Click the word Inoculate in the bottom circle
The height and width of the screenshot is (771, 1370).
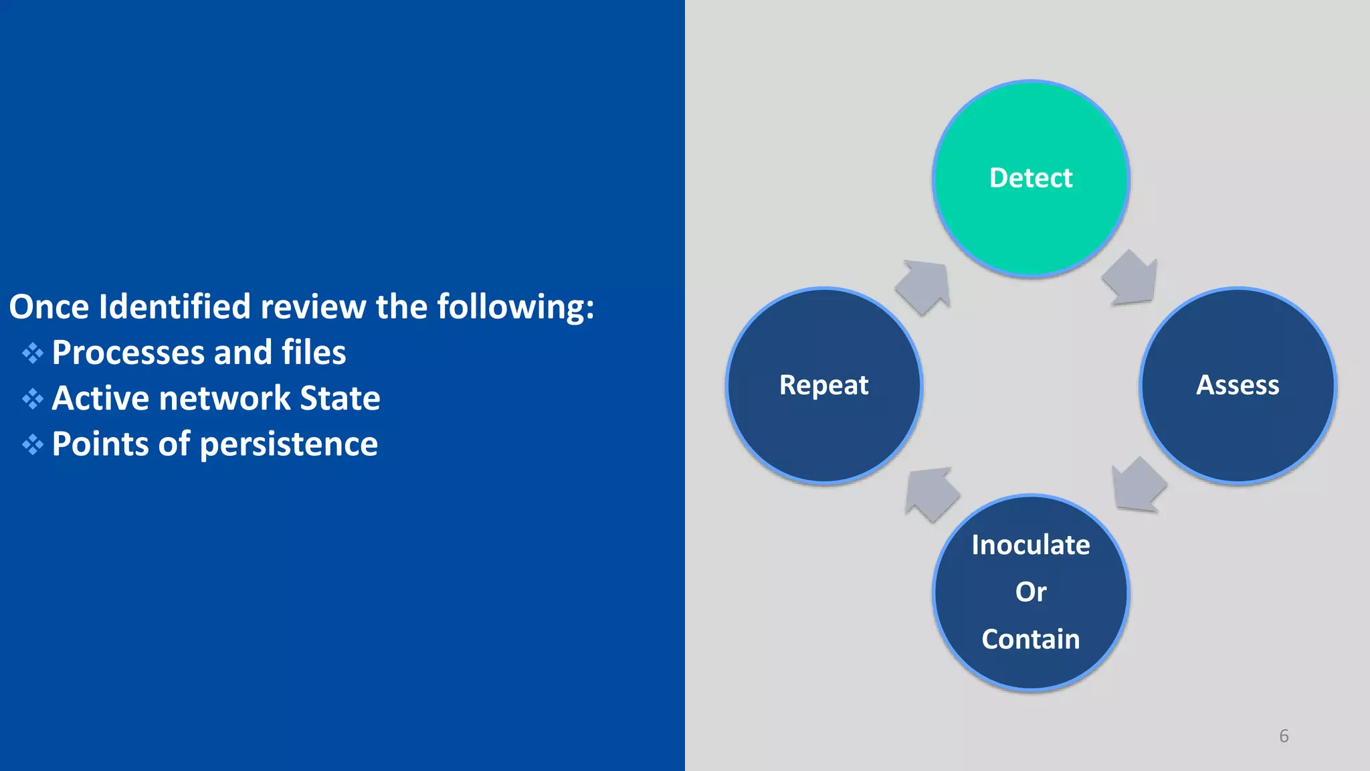1031,545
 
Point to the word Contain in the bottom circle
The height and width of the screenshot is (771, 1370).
1031,639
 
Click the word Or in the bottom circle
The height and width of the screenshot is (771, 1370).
1031,592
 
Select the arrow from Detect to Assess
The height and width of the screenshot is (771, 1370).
1131,278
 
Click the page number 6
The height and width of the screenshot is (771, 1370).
1284,736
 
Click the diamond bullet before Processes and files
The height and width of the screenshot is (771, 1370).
33,353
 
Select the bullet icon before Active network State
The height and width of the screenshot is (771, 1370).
33,399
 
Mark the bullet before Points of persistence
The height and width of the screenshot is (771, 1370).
33,444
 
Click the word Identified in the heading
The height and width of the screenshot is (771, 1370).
175,307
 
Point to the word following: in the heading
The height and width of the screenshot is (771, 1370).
515,307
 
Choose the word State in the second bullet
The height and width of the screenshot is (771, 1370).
340,399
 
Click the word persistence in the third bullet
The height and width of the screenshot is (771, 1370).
289,444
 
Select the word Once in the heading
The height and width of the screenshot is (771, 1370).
49,307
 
